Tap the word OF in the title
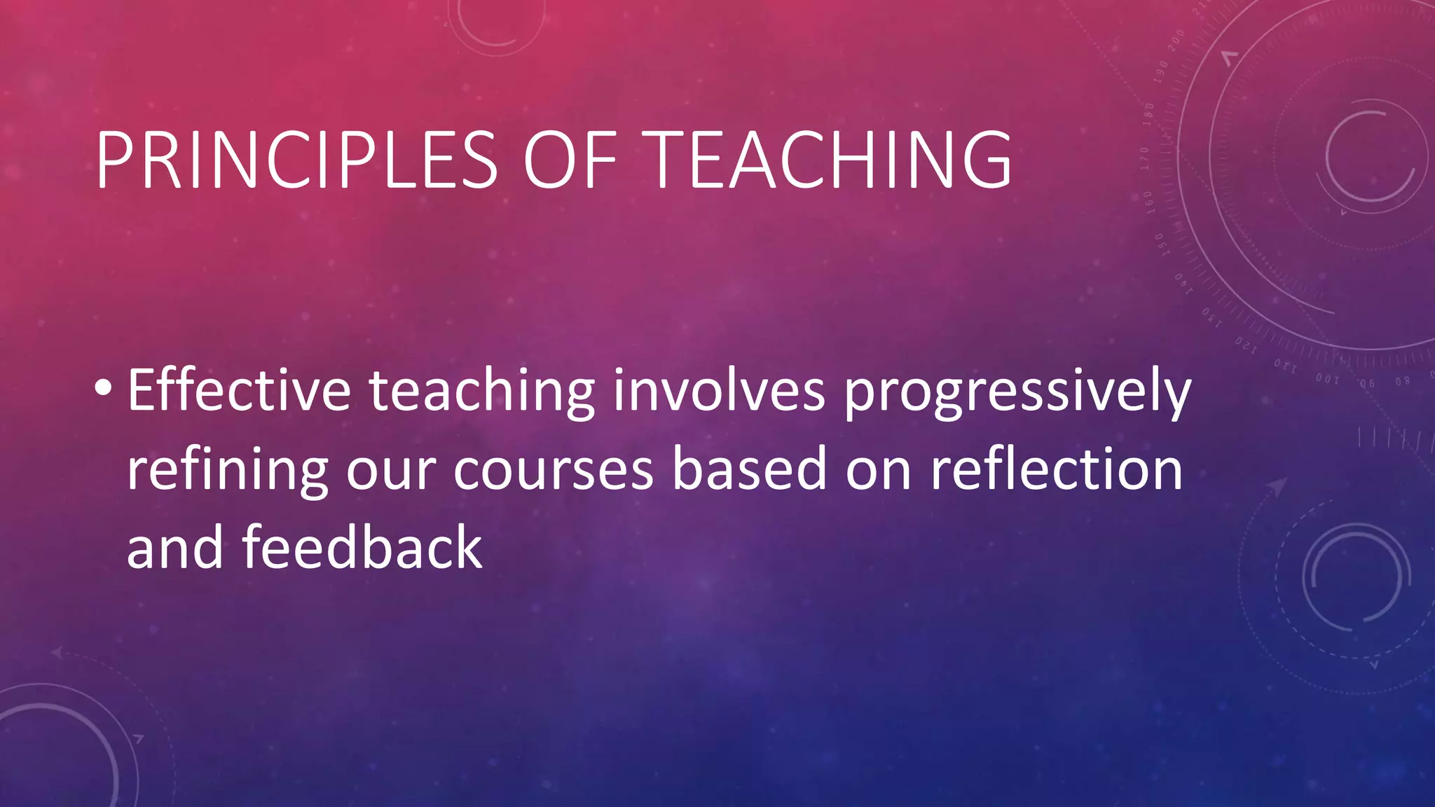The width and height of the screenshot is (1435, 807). (x=569, y=160)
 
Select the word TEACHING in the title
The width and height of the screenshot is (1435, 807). (x=830, y=160)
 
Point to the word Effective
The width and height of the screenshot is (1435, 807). (x=239, y=390)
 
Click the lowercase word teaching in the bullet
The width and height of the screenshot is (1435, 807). (x=482, y=392)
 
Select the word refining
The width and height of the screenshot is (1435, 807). (x=228, y=471)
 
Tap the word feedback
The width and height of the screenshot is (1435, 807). (x=362, y=547)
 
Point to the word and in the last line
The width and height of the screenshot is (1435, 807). (x=175, y=547)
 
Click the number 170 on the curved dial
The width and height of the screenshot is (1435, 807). (x=1144, y=158)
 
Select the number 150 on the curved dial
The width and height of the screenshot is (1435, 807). (x=1160, y=245)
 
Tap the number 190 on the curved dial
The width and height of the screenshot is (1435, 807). (x=1161, y=71)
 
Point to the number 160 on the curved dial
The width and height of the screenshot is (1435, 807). (x=1148, y=202)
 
